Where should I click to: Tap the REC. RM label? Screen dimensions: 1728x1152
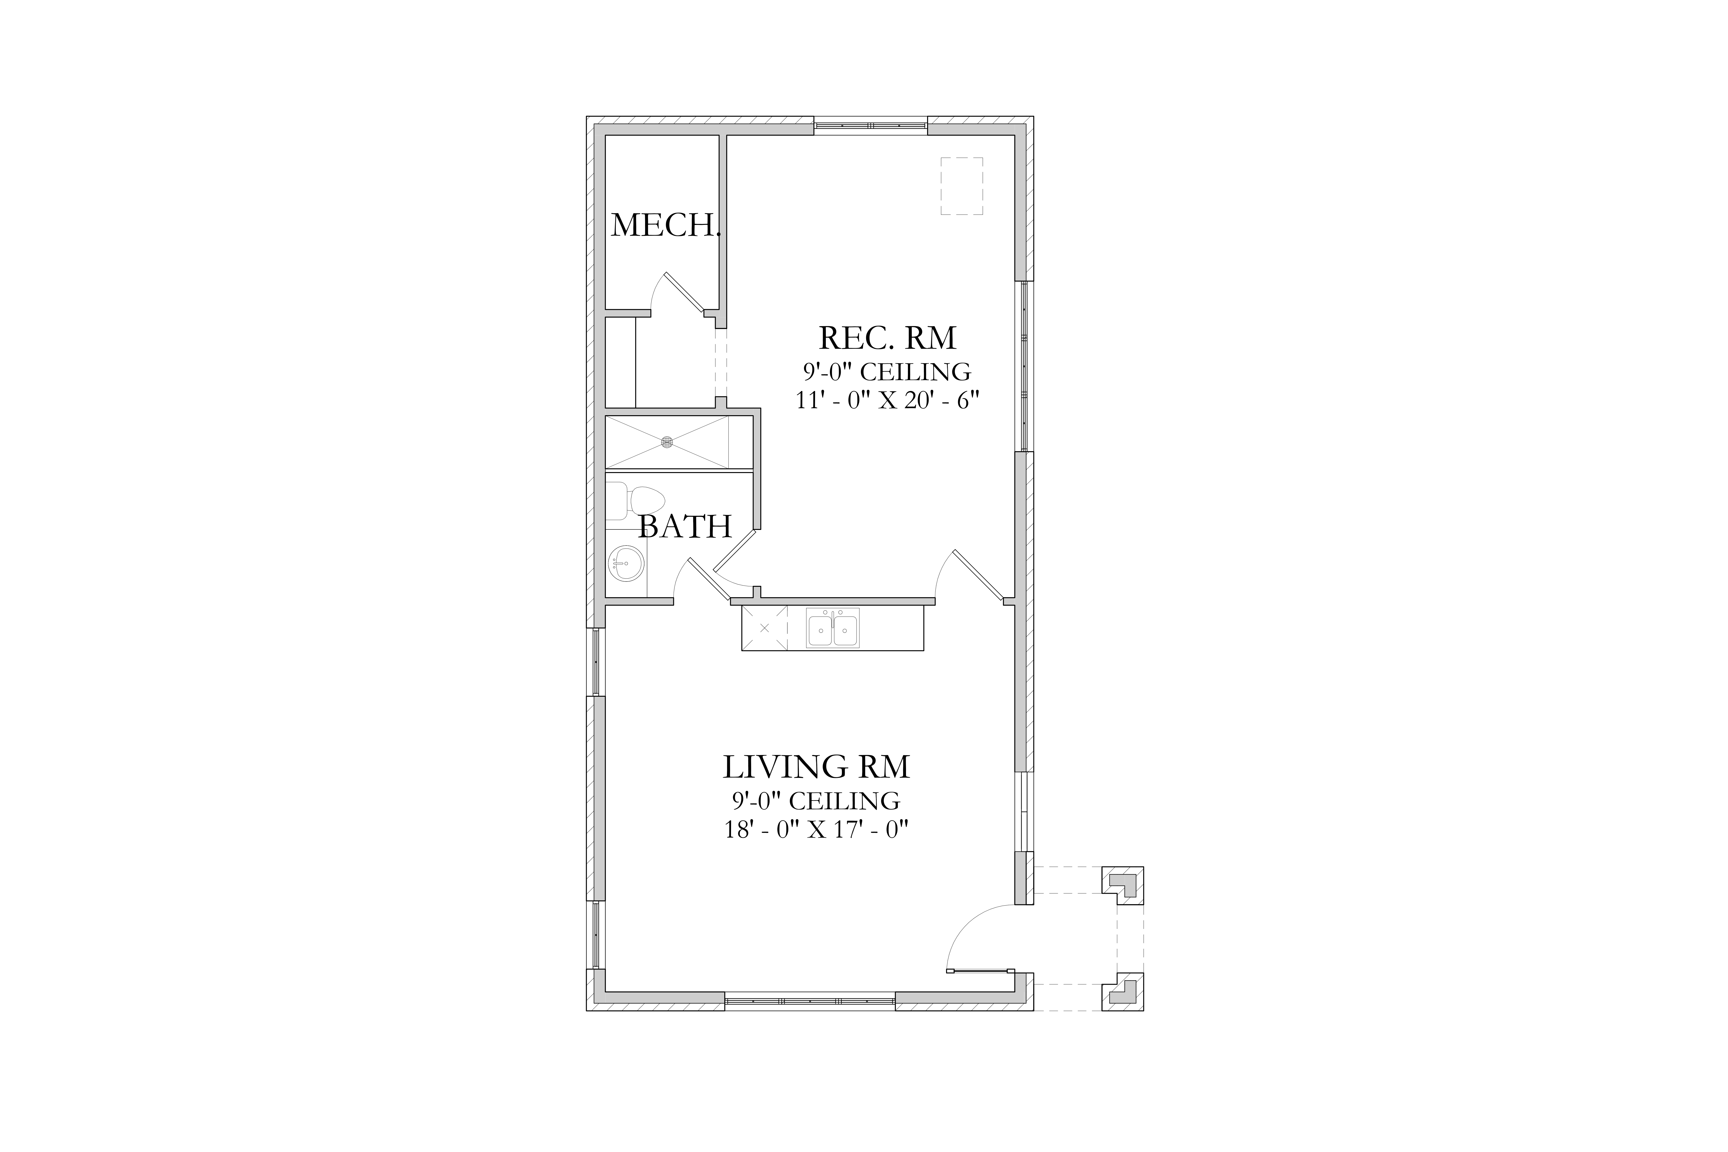888,338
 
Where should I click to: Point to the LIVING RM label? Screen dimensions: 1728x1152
816,767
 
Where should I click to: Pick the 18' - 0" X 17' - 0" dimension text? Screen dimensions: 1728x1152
816,829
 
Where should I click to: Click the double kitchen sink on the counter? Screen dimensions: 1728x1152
832,628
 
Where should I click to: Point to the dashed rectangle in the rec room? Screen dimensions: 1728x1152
962,186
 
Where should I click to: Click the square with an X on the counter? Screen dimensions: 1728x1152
764,628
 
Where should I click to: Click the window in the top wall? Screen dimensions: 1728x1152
871,126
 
